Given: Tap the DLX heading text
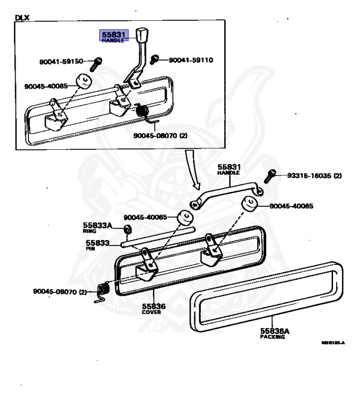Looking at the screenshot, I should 22,17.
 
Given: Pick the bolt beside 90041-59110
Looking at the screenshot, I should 154,61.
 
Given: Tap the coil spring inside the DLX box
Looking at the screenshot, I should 141,111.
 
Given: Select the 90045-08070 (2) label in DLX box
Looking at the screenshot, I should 156,135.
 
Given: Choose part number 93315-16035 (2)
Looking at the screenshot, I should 314,176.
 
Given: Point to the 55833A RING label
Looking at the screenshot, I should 98,227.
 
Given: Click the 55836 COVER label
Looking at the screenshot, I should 154,308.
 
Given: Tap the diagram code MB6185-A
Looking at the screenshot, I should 333,343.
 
